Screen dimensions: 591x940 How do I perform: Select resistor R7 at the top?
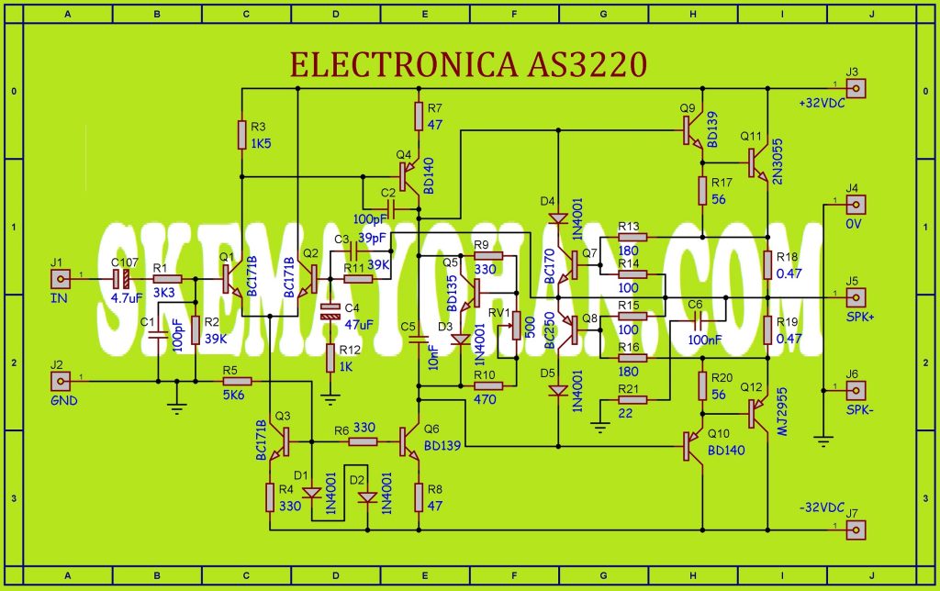tap(419, 116)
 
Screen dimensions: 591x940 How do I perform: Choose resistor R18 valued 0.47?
tap(767, 264)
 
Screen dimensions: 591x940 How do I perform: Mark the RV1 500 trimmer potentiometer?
tap(515, 325)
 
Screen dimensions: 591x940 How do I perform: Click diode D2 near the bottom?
tap(367, 497)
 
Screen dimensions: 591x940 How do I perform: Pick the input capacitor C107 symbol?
tap(120, 278)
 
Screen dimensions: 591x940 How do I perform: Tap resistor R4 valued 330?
tap(270, 497)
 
